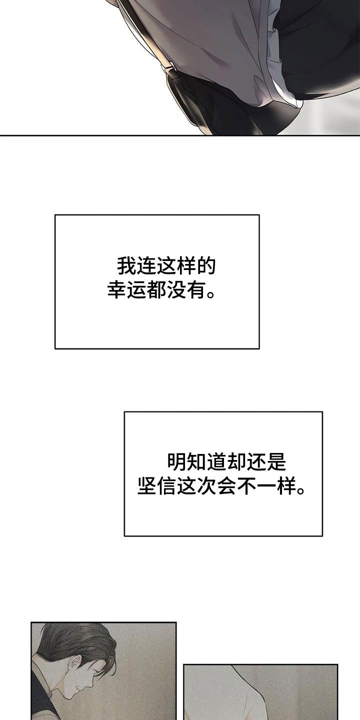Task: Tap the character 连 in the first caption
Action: pyautogui.click(x=146, y=266)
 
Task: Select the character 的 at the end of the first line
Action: pyautogui.click(x=205, y=266)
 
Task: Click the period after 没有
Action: pyautogui.click(x=210, y=295)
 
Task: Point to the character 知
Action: pyautogui.click(x=196, y=462)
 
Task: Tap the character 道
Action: pyautogui.click(x=216, y=462)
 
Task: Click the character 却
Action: pyautogui.click(x=236, y=462)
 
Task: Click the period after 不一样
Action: pyautogui.click(x=300, y=491)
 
